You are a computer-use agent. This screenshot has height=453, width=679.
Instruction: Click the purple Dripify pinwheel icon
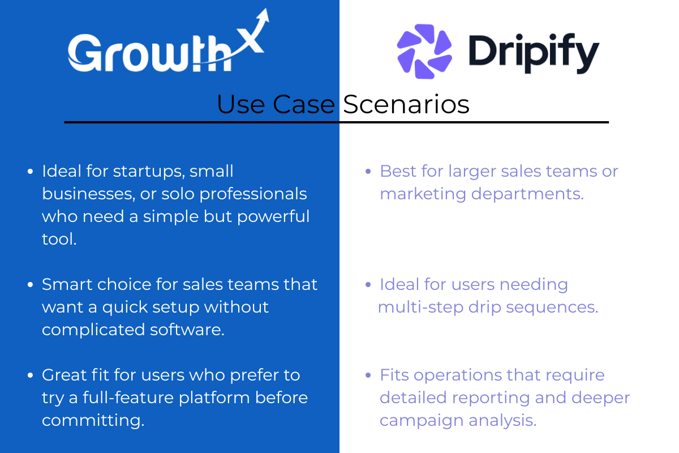[424, 52]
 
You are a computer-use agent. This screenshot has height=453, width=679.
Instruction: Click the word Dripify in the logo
[534, 53]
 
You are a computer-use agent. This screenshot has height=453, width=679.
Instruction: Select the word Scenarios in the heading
[406, 104]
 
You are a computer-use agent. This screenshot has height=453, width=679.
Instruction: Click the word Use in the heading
[240, 104]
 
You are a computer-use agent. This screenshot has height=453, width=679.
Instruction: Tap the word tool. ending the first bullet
[59, 239]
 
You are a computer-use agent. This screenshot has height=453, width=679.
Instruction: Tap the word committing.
[93, 421]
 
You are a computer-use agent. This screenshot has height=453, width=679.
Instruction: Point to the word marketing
[423, 194]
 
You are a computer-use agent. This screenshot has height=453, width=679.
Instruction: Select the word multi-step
[421, 307]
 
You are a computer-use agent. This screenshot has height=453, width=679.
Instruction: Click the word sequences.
[552, 307]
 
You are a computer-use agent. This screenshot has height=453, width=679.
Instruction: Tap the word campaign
[422, 421]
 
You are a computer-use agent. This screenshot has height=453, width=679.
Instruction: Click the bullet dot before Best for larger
[368, 172]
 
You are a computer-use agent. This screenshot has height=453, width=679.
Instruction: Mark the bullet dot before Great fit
[30, 375]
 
